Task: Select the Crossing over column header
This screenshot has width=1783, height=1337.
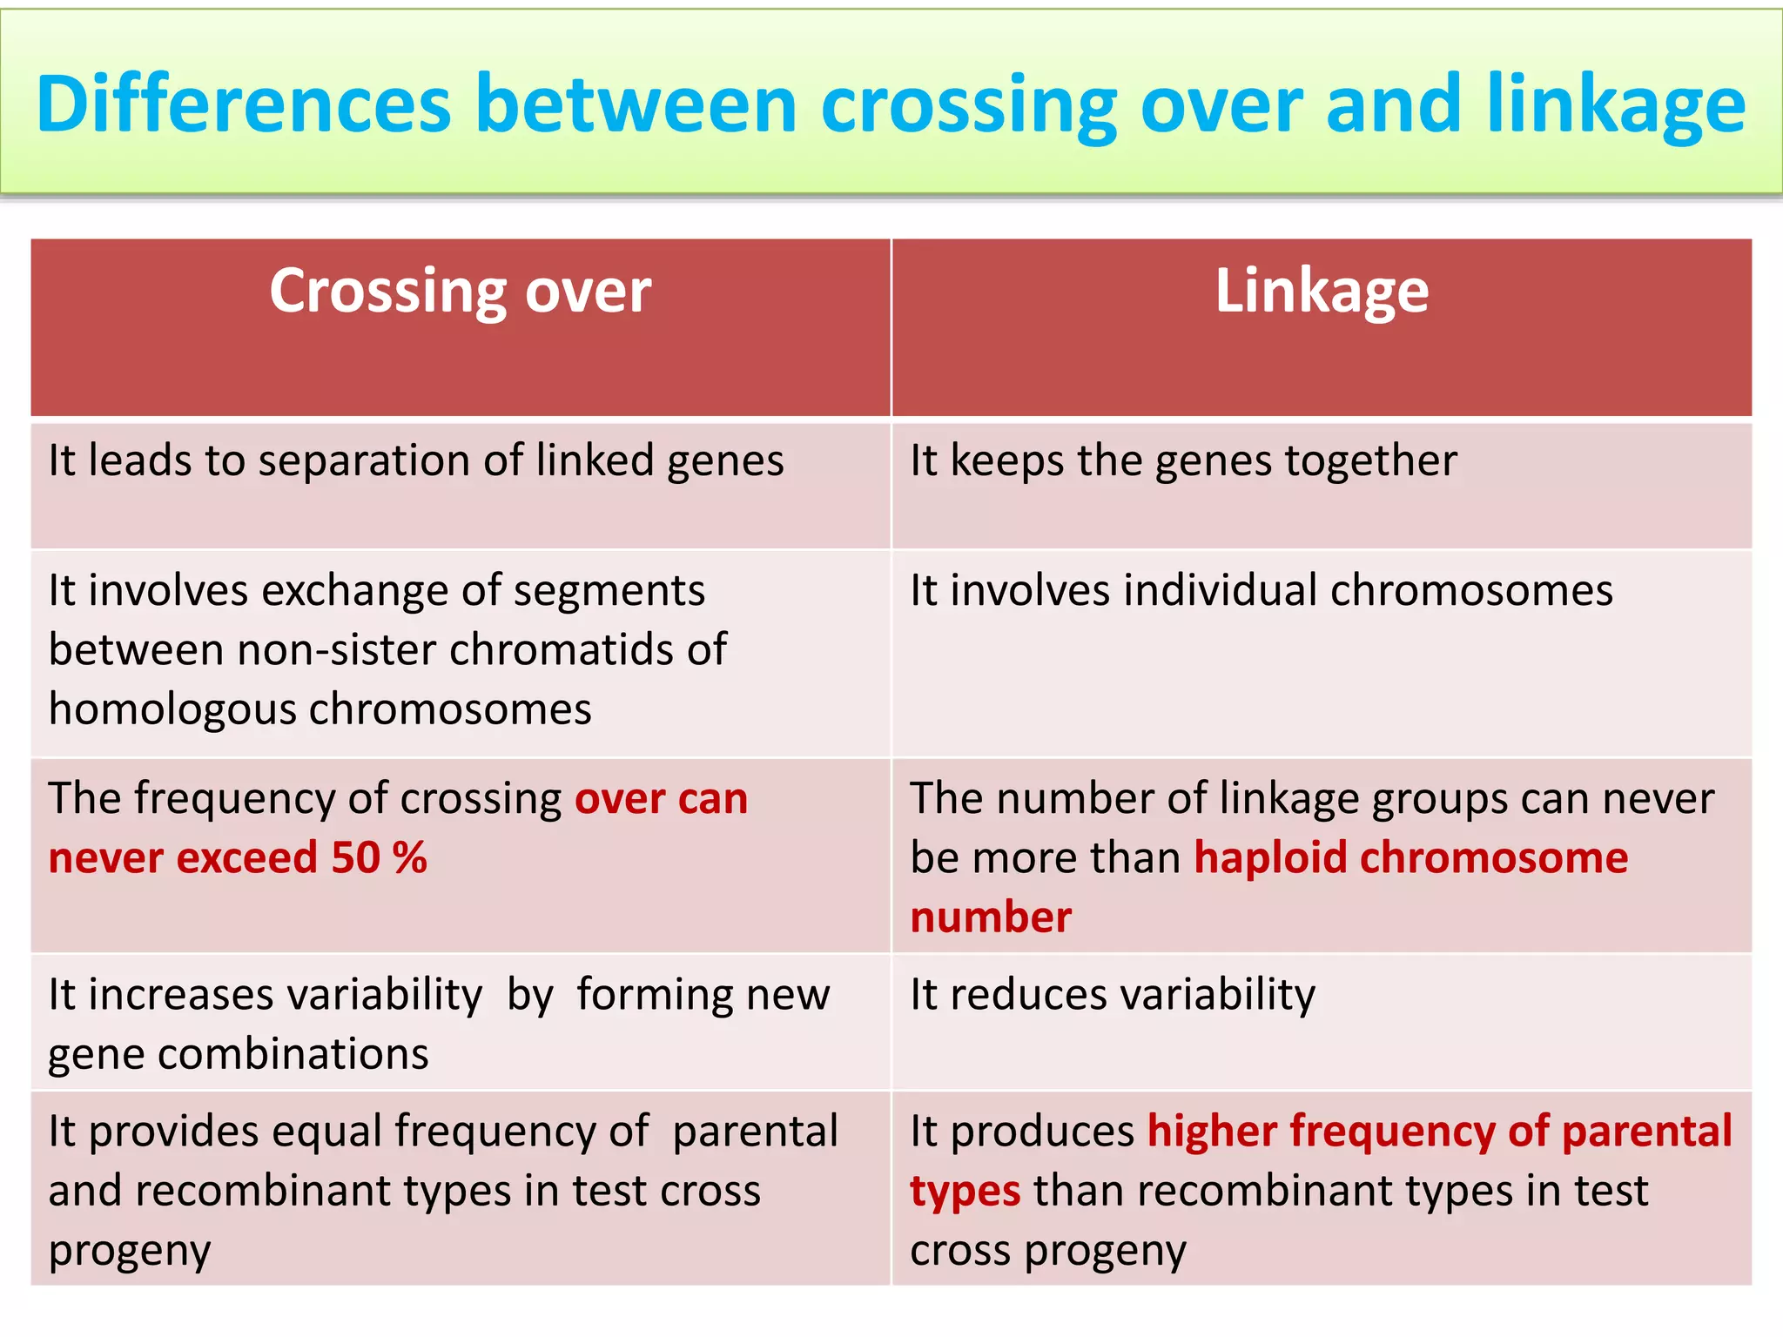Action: point(460,292)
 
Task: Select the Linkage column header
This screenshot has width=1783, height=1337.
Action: point(1321,292)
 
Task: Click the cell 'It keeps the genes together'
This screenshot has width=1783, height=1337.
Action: point(1182,461)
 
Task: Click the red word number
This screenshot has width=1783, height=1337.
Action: point(990,917)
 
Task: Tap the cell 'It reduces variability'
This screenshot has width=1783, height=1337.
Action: point(1112,994)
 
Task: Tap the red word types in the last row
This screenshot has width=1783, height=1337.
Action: point(965,1192)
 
